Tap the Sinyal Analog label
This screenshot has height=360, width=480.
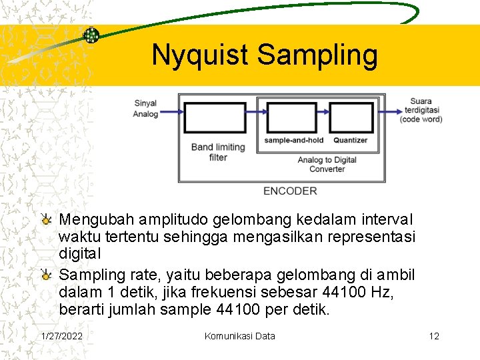(x=145, y=109)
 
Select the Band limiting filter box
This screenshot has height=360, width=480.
(x=214, y=117)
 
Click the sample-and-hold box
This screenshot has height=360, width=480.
(x=292, y=117)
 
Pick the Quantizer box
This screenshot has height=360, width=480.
(x=350, y=117)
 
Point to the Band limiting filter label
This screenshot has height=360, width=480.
(x=218, y=152)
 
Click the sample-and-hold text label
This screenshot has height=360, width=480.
(x=293, y=141)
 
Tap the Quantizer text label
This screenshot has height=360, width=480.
(x=351, y=141)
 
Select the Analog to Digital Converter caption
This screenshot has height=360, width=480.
(x=327, y=165)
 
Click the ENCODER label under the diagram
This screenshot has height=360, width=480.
(x=290, y=191)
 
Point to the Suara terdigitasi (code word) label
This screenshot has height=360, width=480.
(x=421, y=110)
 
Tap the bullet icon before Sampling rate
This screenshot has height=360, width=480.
(x=46, y=275)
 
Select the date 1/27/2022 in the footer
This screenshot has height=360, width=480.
(x=62, y=336)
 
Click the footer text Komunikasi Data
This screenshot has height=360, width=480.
(x=239, y=336)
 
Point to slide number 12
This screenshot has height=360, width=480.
(x=434, y=336)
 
